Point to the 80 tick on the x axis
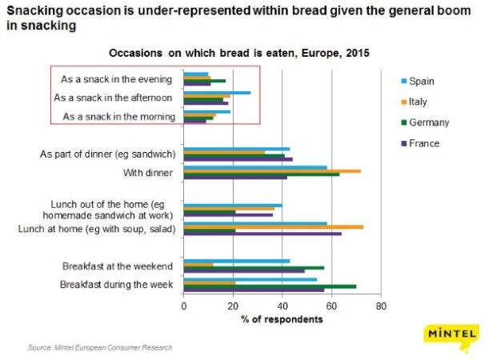click(x=381, y=306)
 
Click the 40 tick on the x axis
click(x=282, y=306)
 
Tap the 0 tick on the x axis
click(x=184, y=306)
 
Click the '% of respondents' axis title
click(x=282, y=319)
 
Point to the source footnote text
click(x=99, y=347)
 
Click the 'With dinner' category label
click(x=149, y=173)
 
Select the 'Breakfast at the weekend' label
click(x=118, y=266)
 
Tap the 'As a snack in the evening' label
click(x=118, y=78)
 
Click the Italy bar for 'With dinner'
click(x=272, y=170)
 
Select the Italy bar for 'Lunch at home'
click(x=274, y=227)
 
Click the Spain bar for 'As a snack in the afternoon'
click(x=217, y=93)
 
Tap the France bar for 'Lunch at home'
click(x=262, y=234)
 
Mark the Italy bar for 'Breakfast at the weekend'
click(x=198, y=265)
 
